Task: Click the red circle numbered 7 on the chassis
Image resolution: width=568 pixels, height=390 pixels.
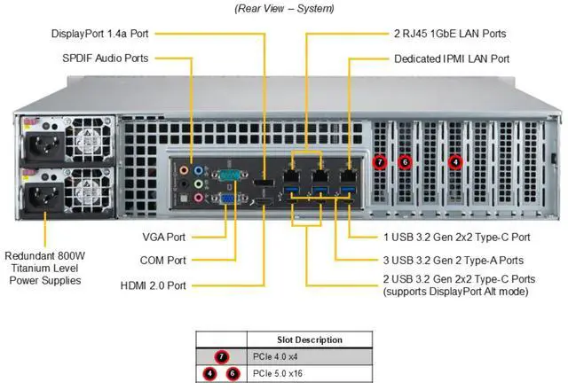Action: [379, 161]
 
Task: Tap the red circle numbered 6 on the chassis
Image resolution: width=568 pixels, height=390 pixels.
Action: [404, 161]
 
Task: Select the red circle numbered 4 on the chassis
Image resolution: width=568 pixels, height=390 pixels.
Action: [455, 161]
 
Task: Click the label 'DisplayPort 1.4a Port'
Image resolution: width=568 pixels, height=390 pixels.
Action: [99, 34]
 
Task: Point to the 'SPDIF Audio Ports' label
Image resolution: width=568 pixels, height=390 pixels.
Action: [106, 58]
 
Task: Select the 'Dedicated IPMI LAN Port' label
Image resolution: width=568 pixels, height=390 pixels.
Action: [452, 58]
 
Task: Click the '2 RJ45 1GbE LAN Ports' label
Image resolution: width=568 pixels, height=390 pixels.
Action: [449, 34]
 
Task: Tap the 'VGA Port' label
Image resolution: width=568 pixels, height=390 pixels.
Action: [163, 238]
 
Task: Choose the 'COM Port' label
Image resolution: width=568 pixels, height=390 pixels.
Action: [163, 261]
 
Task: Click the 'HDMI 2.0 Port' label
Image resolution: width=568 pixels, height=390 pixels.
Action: [154, 285]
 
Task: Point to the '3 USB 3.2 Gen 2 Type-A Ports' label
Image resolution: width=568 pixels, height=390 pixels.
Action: [454, 261]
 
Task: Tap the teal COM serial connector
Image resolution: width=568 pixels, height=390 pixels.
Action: [228, 174]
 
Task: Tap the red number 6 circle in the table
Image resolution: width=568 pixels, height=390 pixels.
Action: [233, 373]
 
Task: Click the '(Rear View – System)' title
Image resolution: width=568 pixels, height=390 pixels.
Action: [284, 8]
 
